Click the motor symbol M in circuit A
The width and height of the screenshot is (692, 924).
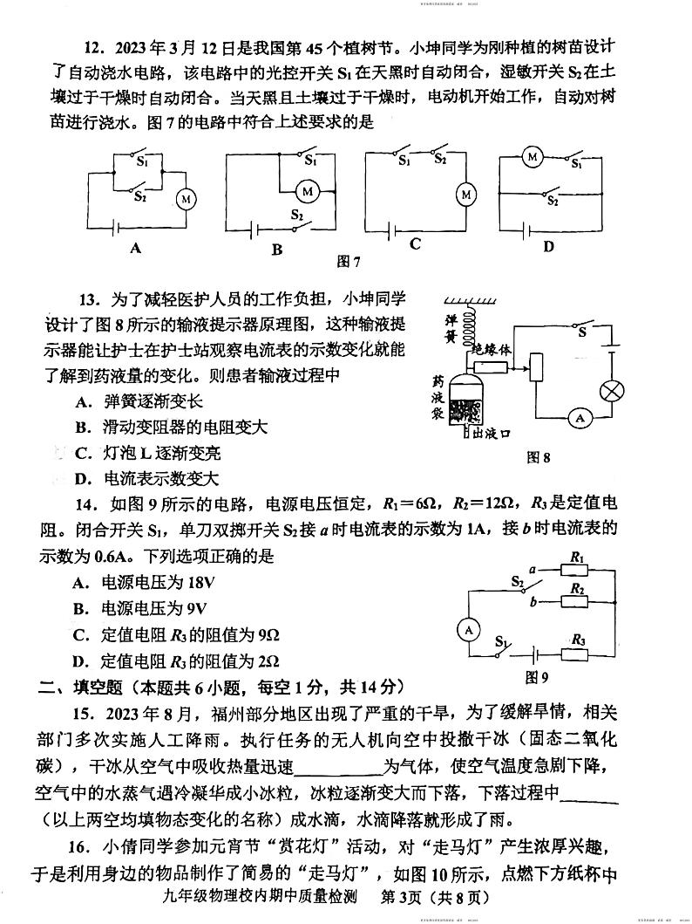[186, 200]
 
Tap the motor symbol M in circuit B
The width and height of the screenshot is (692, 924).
[307, 189]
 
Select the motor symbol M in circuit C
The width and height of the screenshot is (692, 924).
[466, 193]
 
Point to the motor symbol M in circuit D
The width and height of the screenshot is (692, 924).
[532, 157]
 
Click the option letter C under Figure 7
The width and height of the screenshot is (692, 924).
[416, 244]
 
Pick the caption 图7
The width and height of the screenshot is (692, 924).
[349, 261]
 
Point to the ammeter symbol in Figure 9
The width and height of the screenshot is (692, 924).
[468, 628]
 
